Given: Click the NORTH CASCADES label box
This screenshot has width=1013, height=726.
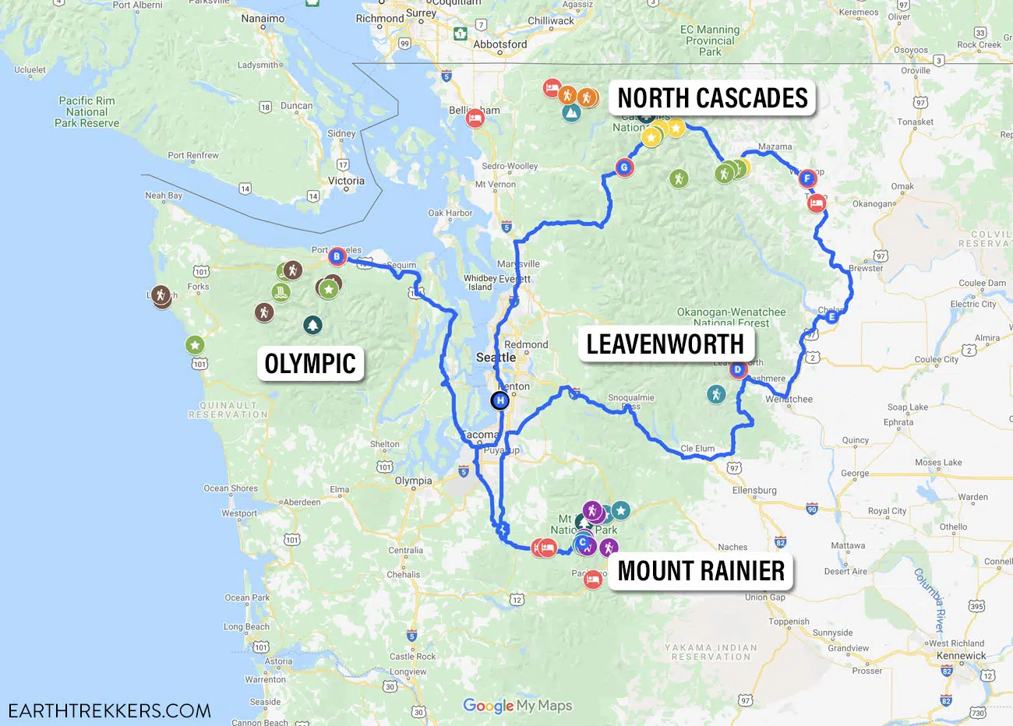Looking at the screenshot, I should (x=712, y=98).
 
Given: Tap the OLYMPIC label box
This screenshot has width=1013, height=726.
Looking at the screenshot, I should (x=310, y=364).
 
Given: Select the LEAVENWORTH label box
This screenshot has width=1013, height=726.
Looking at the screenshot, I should (x=665, y=344).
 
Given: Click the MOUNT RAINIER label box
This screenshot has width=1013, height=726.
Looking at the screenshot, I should (x=701, y=571).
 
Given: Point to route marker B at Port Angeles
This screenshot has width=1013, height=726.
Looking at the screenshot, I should (x=337, y=256).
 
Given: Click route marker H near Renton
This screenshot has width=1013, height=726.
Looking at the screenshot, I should (x=499, y=400).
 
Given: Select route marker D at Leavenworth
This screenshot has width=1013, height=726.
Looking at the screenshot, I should (x=738, y=370).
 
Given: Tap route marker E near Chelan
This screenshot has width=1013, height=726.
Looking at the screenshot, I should (x=831, y=317).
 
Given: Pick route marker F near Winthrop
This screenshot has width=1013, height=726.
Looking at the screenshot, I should (x=807, y=178).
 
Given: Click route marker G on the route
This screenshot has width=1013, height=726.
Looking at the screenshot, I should (x=623, y=167).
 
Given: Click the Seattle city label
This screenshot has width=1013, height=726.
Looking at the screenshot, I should (x=496, y=358).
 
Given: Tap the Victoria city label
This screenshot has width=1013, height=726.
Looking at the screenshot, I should (x=346, y=181).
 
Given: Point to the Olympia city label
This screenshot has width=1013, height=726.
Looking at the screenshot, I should (x=413, y=481).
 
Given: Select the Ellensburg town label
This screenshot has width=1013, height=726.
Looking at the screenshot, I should (x=754, y=490).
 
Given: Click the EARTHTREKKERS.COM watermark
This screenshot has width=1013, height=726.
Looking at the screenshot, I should (x=110, y=710).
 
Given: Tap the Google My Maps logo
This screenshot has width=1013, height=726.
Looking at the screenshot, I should (x=517, y=706).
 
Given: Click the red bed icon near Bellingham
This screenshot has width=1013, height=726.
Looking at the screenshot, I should (x=475, y=119).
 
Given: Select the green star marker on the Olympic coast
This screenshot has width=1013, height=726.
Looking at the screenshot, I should (x=195, y=344).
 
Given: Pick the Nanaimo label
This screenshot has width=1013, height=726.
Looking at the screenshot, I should (x=263, y=19).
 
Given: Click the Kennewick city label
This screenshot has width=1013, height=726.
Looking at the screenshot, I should (x=961, y=656).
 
